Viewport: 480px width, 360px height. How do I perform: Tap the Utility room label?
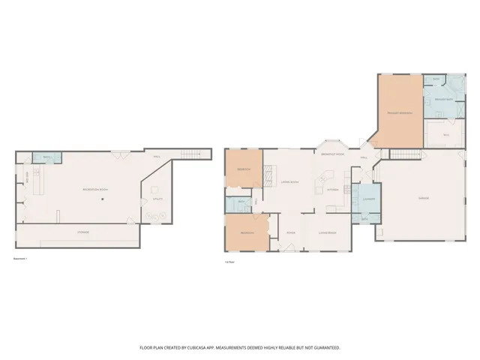(157, 199)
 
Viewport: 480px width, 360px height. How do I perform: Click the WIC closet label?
(445, 135)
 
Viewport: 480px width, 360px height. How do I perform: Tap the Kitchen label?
(332, 189)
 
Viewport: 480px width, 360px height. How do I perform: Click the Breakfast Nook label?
(332, 154)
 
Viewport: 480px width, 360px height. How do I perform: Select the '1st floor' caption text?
(229, 262)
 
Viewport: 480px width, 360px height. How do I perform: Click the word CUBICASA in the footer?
(195, 348)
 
